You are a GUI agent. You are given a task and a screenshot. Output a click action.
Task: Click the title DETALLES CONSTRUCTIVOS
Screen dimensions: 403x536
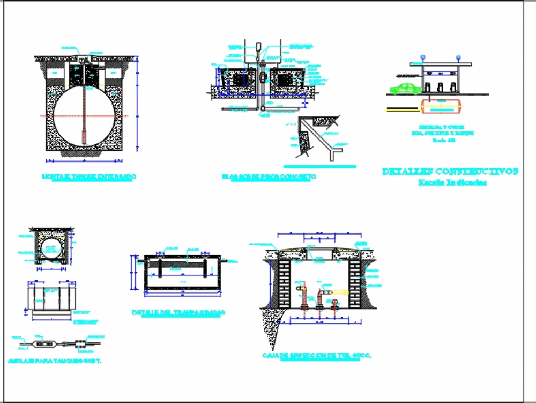click(x=450, y=172)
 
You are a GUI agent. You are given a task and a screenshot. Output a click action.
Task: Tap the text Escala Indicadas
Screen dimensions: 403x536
click(x=452, y=183)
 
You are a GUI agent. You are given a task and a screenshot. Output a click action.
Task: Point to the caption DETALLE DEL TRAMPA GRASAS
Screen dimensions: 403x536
click(x=178, y=312)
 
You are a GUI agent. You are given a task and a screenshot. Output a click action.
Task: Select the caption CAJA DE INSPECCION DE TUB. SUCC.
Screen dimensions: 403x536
click(x=317, y=356)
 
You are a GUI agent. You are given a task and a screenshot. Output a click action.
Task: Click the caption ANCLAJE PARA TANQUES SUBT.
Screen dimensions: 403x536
click(x=55, y=361)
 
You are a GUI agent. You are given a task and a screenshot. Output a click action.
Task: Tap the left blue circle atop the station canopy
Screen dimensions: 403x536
click(x=422, y=56)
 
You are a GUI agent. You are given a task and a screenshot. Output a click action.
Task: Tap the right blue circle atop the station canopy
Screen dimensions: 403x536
click(x=458, y=56)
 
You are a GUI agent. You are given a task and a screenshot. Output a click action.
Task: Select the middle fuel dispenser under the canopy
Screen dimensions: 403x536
click(x=440, y=86)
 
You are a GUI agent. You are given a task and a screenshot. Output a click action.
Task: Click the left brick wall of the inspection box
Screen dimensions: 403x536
click(x=284, y=284)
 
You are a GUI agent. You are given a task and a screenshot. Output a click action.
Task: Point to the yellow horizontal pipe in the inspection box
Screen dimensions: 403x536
click(x=341, y=292)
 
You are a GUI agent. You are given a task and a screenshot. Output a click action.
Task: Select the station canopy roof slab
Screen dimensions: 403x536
click(x=441, y=64)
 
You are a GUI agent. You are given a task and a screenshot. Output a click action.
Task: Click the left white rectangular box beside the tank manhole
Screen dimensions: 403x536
click(x=55, y=72)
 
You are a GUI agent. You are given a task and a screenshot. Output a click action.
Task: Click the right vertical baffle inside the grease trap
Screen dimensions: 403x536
click(x=204, y=268)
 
